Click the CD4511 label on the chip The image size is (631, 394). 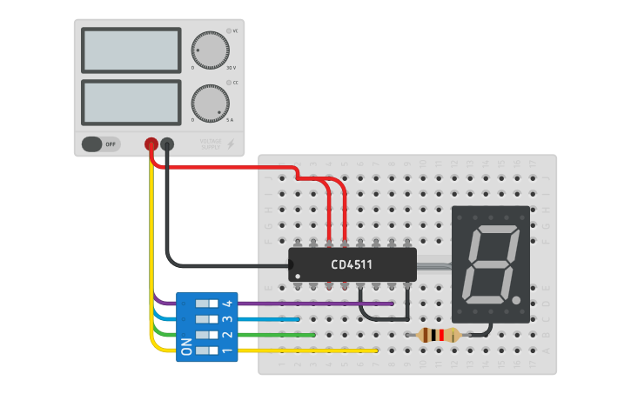click(x=352, y=264)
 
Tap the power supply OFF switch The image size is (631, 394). click(x=101, y=144)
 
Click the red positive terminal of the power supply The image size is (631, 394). click(x=151, y=144)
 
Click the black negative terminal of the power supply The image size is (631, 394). click(x=168, y=144)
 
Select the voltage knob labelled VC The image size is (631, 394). click(x=210, y=50)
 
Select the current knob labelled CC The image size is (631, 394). click(x=210, y=104)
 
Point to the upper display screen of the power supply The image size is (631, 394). click(x=131, y=51)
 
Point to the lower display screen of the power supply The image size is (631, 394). click(x=131, y=103)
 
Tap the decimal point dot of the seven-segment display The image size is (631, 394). click(x=518, y=302)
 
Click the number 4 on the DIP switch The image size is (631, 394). click(x=227, y=304)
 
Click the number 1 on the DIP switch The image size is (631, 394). click(x=227, y=351)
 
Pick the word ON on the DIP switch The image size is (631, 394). click(x=186, y=348)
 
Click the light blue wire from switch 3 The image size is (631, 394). click(x=270, y=319)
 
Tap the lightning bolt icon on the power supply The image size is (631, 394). click(x=231, y=144)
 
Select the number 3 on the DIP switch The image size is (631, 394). click(x=227, y=319)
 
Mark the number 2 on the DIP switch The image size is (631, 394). click(x=227, y=335)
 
